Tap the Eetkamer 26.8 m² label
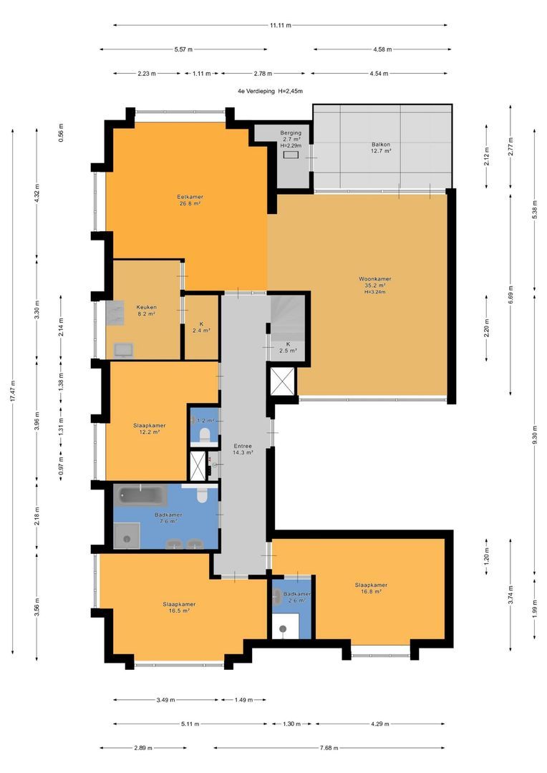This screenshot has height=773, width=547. click(x=190, y=200)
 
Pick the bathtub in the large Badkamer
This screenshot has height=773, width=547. click(x=141, y=495)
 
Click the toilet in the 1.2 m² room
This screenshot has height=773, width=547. click(x=203, y=435)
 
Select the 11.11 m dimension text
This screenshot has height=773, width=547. click(x=280, y=25)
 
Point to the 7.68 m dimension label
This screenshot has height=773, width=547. click(x=329, y=748)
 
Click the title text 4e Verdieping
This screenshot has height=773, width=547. click(x=256, y=91)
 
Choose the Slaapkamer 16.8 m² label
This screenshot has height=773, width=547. click(x=371, y=588)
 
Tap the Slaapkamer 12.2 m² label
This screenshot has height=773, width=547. click(x=149, y=429)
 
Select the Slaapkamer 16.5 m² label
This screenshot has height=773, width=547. click(x=179, y=607)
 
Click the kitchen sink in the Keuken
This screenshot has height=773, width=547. click(x=123, y=349)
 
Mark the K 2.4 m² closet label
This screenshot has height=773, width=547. click(x=201, y=327)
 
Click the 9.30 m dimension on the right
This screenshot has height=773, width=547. click(x=535, y=435)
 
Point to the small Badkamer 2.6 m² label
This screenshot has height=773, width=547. click(x=297, y=597)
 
